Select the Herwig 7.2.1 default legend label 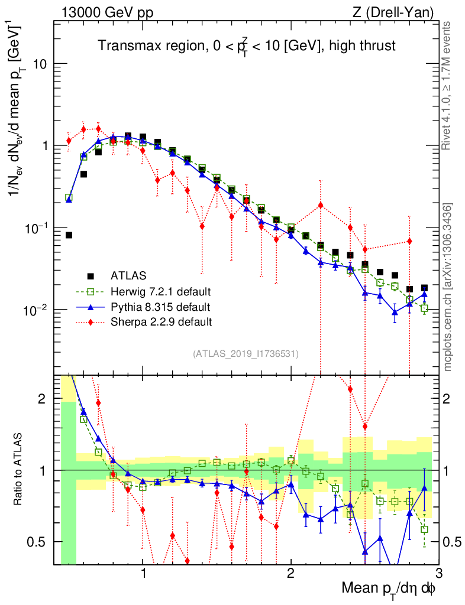pos(161,291)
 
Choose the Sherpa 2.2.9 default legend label pos(161,322)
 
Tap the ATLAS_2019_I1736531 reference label pos(246,354)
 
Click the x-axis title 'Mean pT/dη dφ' pos(389,588)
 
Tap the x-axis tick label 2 pos(290,573)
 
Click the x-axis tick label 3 pos(438,573)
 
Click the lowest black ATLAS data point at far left pos(69,235)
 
